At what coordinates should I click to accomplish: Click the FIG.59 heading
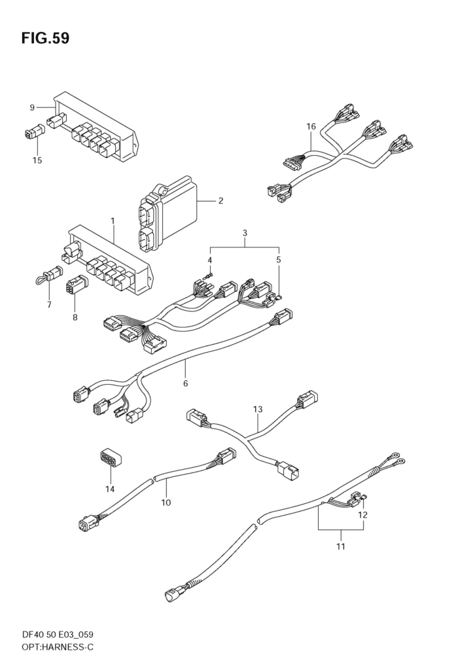click(45, 39)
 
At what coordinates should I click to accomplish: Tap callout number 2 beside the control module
click(220, 200)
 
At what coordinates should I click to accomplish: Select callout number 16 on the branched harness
click(311, 126)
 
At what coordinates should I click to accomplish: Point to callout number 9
click(32, 107)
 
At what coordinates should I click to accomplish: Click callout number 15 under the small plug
click(37, 161)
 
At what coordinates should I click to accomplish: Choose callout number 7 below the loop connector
click(49, 305)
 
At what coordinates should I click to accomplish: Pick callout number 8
click(75, 317)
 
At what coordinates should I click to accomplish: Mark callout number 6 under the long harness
click(185, 383)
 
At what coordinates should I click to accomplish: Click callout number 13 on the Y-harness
click(257, 410)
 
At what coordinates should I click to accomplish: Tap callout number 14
click(111, 489)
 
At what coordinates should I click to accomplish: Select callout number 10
click(166, 502)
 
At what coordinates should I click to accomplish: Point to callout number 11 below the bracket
click(341, 546)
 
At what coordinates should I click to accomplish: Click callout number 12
click(362, 515)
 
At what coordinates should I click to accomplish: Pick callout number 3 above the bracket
click(245, 234)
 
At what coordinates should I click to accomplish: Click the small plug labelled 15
click(33, 132)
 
